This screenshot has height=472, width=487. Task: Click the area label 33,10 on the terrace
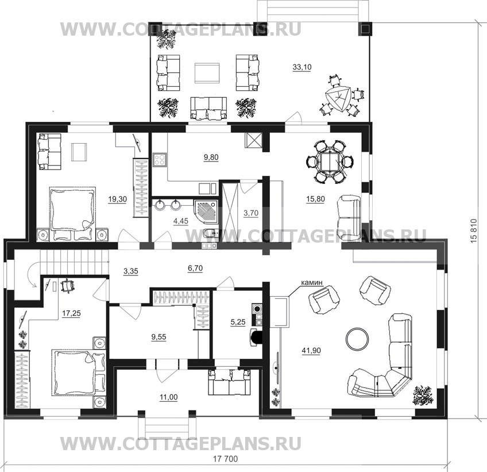pos(302,67)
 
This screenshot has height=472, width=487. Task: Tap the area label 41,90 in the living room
pos(311,351)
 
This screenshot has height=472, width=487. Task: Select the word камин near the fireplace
pos(312,283)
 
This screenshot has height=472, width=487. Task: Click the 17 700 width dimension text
pos(226,459)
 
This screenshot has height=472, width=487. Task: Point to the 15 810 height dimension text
pos(473,231)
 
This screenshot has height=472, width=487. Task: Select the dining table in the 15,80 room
pos(330,162)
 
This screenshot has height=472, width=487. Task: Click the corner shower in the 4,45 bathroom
pos(206,212)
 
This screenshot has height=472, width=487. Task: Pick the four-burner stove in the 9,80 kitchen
pos(160,160)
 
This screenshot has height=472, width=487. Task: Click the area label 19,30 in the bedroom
pos(117,199)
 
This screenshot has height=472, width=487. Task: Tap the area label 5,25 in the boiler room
pos(238,322)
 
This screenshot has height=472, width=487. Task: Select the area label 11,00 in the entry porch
pos(168,397)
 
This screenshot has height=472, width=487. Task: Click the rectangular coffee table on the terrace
pos(207,73)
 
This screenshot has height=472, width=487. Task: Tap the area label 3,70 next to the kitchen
pos(250,213)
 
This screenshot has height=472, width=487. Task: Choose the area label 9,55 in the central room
pos(159,337)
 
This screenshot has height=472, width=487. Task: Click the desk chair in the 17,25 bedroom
pos(67,286)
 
